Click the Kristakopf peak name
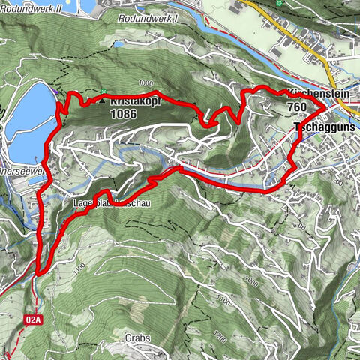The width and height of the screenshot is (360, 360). pyautogui.click(x=134, y=100)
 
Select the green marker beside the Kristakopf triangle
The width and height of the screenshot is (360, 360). pyautogui.click(x=103, y=91)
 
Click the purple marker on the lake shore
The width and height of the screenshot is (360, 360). pyautogui.click(x=56, y=92)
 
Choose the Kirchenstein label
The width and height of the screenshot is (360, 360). pyautogui.click(x=313, y=94)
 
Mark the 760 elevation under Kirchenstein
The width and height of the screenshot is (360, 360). pyautogui.click(x=297, y=107)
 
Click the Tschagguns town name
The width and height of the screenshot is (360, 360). pyautogui.click(x=325, y=128)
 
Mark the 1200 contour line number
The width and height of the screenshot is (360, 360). pyautogui.click(x=218, y=339)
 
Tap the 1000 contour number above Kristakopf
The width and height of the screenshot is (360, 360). pyautogui.click(x=145, y=84)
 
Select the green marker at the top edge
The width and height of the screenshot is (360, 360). pyautogui.click(x=279, y=3)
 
